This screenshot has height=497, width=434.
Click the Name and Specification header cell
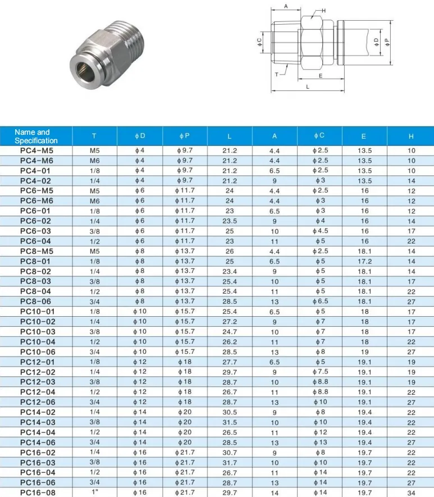tap(36, 136)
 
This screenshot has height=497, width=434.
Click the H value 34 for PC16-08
tap(412, 493)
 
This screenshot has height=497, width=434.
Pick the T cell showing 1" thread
tap(94, 493)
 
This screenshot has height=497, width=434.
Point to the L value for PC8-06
tap(230, 302)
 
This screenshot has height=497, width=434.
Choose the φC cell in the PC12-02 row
tap(319, 372)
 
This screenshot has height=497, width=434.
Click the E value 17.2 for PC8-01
tap(364, 261)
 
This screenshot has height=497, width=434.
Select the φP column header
tap(184, 136)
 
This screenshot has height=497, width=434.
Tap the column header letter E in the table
tap(364, 136)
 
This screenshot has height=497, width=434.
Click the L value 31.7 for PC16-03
tap(230, 462)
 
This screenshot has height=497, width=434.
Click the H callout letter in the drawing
tap(323, 11)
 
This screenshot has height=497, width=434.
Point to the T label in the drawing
tap(277, 74)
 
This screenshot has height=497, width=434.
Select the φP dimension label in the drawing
tap(386, 42)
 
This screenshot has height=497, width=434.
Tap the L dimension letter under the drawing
tap(308, 87)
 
